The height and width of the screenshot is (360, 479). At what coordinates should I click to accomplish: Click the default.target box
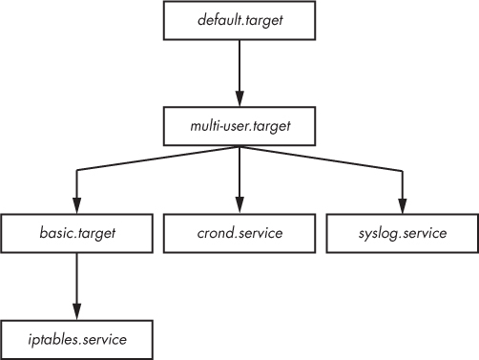pyautogui.click(x=239, y=20)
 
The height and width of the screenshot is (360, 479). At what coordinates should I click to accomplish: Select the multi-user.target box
pyautogui.click(x=239, y=124)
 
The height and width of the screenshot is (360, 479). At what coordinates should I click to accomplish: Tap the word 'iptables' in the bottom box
pyautogui.click(x=52, y=338)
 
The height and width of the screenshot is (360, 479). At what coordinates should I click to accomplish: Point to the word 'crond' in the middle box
pyautogui.click(x=214, y=232)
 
